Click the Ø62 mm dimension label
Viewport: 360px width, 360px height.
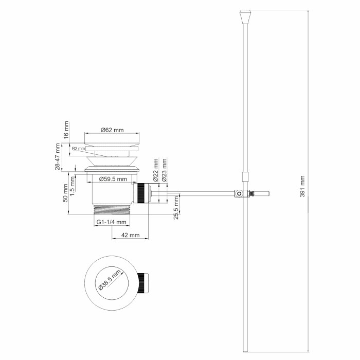pyautogui.click(x=112, y=130)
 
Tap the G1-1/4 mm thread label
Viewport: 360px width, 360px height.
pyautogui.click(x=111, y=222)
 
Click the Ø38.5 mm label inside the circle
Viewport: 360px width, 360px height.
pyautogui.click(x=111, y=281)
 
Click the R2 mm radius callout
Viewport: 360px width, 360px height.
pyautogui.click(x=78, y=149)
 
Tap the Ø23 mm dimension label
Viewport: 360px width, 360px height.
pyautogui.click(x=164, y=169)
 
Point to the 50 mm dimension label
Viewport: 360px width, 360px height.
pyautogui.click(x=66, y=192)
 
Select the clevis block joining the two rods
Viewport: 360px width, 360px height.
pyautogui.click(x=239, y=194)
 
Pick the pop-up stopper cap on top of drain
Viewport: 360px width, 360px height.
pyautogui.click(x=112, y=139)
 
